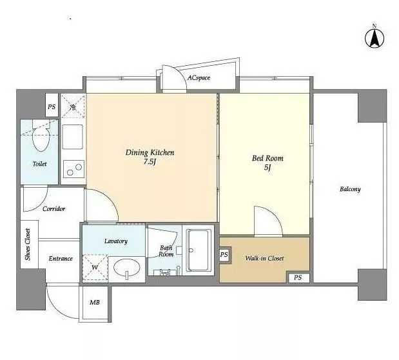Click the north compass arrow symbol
[x=375, y=38]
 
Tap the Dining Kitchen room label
[x=150, y=152]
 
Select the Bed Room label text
[x=268, y=158]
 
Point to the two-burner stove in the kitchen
[x=73, y=169]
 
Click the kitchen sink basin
[x=73, y=137]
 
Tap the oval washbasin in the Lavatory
[x=127, y=268]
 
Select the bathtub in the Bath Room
[x=199, y=250]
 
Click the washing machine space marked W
[x=95, y=268]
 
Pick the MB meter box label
[x=95, y=303]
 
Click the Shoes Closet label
[x=28, y=245]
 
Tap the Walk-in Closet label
[x=264, y=258]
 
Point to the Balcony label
[x=350, y=189]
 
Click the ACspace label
[x=199, y=77]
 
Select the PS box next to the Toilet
[x=52, y=106]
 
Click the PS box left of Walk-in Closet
[x=224, y=255]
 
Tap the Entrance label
[x=61, y=258]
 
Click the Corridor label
[x=54, y=209]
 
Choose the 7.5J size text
[x=150, y=161]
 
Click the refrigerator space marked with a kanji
[x=73, y=106]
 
